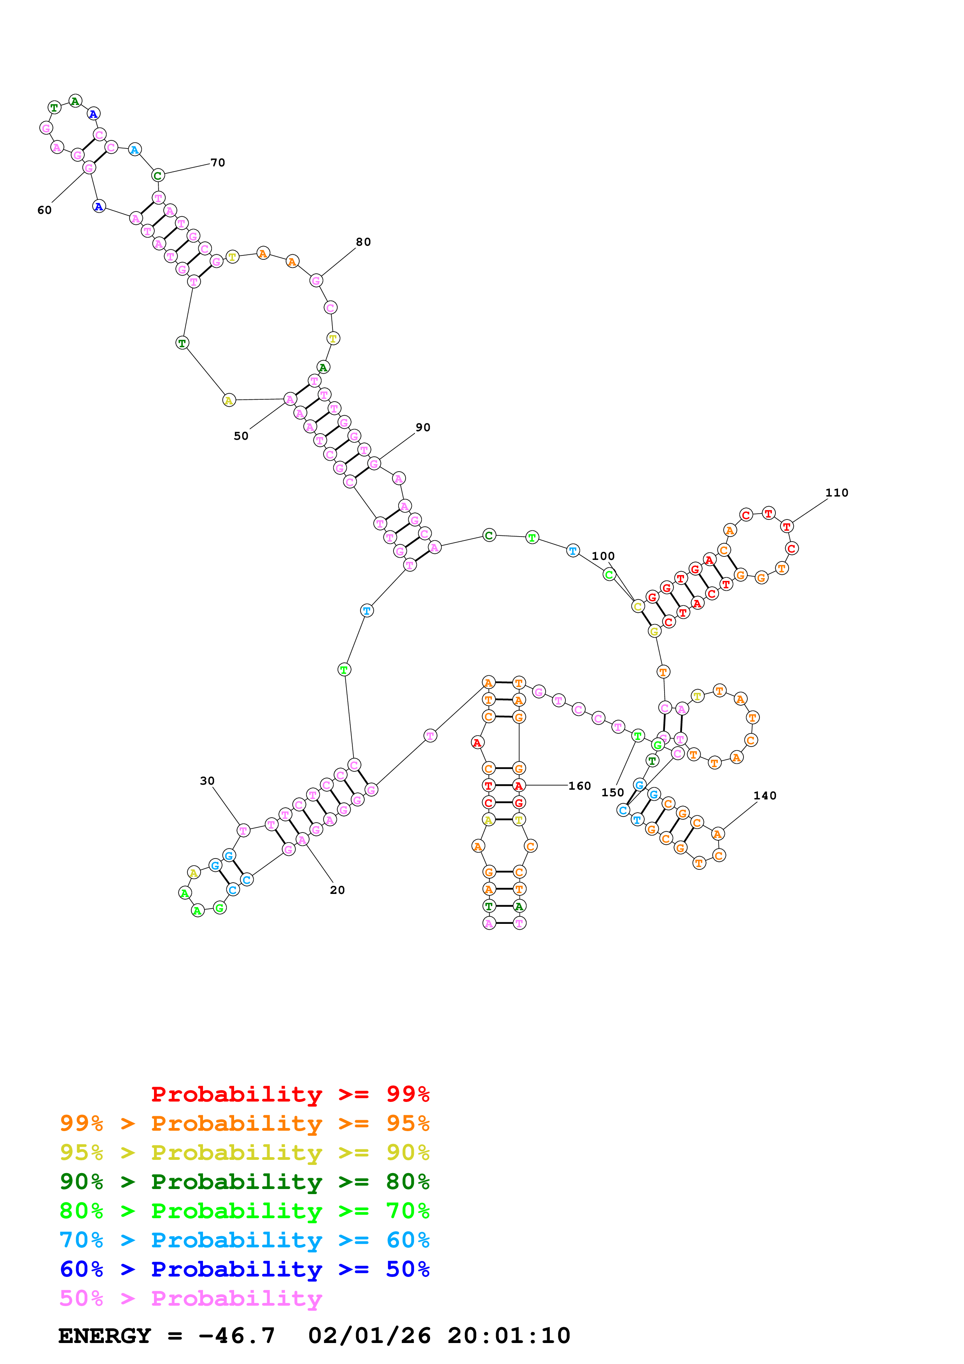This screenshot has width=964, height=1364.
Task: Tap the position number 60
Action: tap(45, 210)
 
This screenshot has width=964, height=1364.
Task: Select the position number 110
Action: tap(836, 493)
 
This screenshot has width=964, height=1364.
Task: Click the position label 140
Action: tap(765, 796)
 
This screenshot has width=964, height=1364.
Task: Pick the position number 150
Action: tap(612, 792)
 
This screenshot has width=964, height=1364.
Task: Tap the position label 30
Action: tap(207, 781)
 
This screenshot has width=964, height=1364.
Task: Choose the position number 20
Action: tap(338, 890)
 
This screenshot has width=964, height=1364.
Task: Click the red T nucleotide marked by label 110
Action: tap(786, 526)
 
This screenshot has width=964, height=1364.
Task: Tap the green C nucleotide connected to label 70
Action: tap(157, 176)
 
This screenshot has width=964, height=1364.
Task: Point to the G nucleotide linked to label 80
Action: tap(316, 280)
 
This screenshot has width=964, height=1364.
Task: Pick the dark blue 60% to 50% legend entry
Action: tap(245, 1270)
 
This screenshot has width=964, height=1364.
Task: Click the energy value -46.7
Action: tap(237, 1336)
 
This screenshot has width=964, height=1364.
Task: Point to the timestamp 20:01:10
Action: tap(508, 1336)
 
